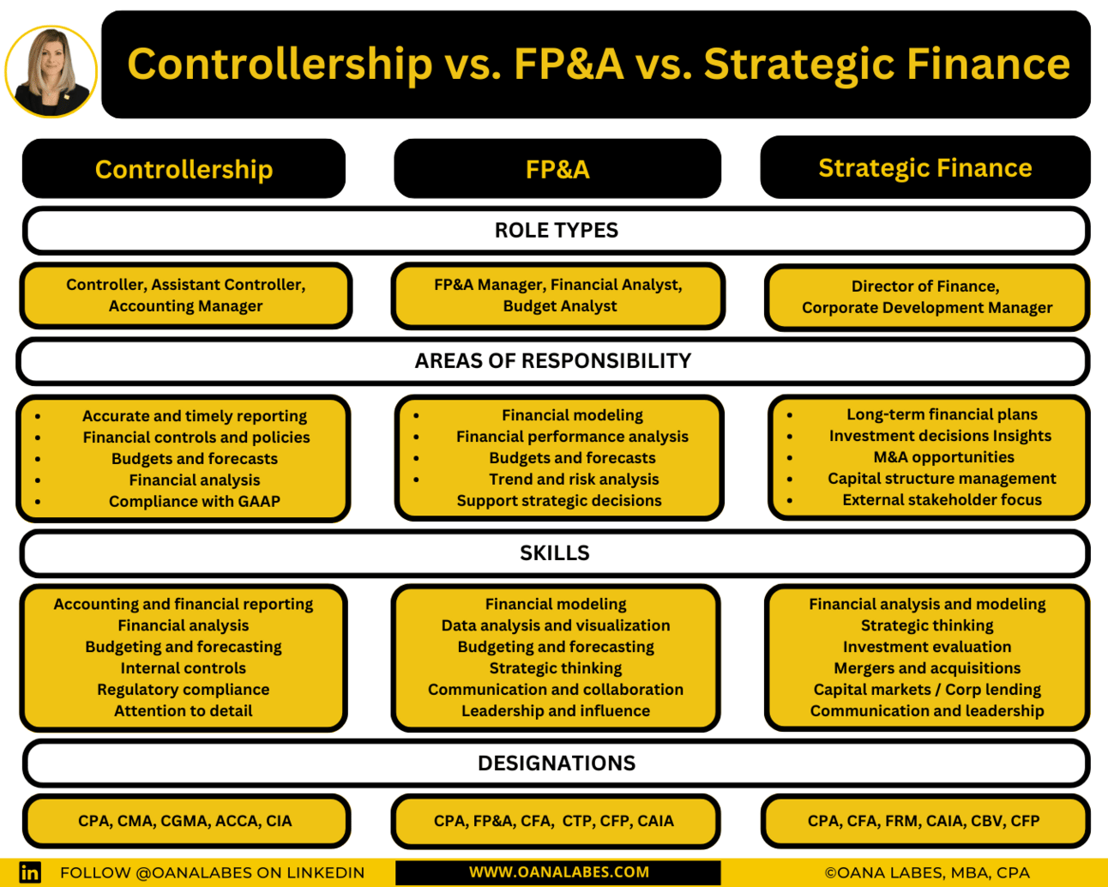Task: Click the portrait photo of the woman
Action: tap(51, 71)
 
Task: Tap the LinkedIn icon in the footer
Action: tap(30, 872)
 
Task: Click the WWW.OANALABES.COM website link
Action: tap(558, 872)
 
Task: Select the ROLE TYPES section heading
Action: tap(556, 230)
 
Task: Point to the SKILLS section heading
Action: tap(555, 552)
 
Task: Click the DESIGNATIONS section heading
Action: tap(557, 763)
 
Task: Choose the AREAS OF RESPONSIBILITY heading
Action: tap(553, 360)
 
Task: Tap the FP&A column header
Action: tap(557, 169)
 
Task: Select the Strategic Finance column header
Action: tap(925, 168)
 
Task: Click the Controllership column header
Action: tap(184, 169)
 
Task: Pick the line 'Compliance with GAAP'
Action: tap(195, 501)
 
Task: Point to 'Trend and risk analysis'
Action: tap(574, 479)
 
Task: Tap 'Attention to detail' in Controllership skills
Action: tap(184, 711)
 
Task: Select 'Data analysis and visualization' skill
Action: tap(556, 625)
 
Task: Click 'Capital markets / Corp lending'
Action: tap(927, 689)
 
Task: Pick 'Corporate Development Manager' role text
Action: tap(927, 307)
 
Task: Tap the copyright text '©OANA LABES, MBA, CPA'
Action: tap(927, 872)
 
